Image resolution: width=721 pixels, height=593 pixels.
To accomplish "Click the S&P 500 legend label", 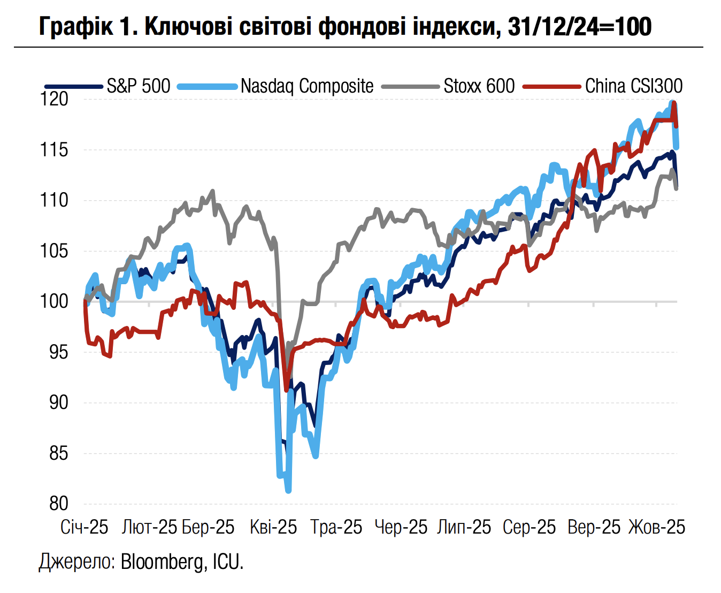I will (x=139, y=86).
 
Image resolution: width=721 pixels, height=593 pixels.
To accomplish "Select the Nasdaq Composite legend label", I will (x=307, y=86).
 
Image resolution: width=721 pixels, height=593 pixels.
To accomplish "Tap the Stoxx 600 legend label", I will (x=479, y=86).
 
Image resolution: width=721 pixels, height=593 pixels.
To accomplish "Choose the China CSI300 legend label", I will (x=634, y=86).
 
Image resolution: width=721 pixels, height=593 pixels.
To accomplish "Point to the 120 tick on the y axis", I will (x=55, y=99).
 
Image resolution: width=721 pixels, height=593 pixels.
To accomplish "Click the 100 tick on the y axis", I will (x=55, y=301).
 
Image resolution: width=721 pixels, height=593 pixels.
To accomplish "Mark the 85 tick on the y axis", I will (x=58, y=453).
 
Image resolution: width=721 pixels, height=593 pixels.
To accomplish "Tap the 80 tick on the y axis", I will (x=58, y=504).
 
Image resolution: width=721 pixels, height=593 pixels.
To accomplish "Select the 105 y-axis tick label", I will (x=55, y=251).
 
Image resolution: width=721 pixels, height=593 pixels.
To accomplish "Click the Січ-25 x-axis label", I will (x=85, y=527).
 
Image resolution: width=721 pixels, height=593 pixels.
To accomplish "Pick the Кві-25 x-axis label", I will (x=273, y=527).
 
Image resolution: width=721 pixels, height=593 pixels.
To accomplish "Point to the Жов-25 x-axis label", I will (x=656, y=527).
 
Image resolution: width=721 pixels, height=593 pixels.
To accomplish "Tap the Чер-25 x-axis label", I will (x=401, y=527).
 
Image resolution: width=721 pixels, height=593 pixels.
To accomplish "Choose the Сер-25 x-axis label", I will (x=530, y=527).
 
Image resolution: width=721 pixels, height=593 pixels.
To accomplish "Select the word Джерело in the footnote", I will (x=75, y=562).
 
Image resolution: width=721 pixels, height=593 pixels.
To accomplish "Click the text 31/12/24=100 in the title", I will (x=580, y=26).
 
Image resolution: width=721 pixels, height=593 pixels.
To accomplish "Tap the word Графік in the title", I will (x=76, y=26).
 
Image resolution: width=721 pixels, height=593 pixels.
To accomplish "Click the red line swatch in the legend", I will (x=551, y=86).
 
